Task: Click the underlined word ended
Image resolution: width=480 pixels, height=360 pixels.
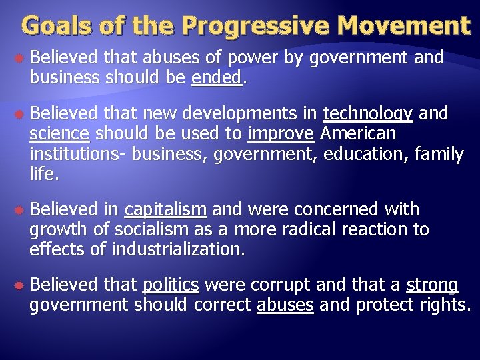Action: pyautogui.click(x=216, y=77)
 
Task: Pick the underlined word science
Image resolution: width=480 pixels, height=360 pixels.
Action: pyautogui.click(x=59, y=134)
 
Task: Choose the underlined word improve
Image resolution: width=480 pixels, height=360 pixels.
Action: pyautogui.click(x=281, y=134)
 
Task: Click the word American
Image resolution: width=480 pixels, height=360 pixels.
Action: pyautogui.click(x=358, y=134)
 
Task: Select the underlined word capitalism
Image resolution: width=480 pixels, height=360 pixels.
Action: pyautogui.click(x=165, y=210)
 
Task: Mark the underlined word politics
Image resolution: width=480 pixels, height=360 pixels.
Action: pyautogui.click(x=171, y=285)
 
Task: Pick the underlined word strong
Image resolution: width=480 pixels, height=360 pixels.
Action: pyautogui.click(x=432, y=285)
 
